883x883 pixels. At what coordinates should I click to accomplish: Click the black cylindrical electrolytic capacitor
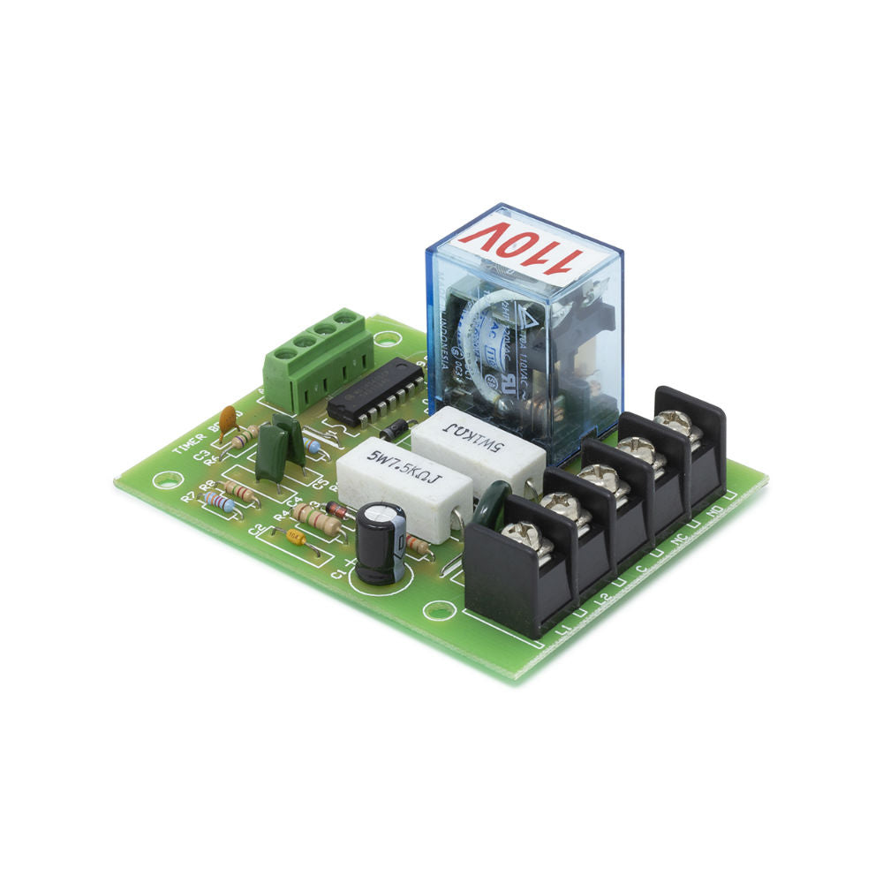381,542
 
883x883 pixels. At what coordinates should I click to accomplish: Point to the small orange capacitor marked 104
297,537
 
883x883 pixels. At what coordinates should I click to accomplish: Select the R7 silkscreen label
187,497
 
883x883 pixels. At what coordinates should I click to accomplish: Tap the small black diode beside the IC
395,430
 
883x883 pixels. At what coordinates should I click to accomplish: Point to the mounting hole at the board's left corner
162,482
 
